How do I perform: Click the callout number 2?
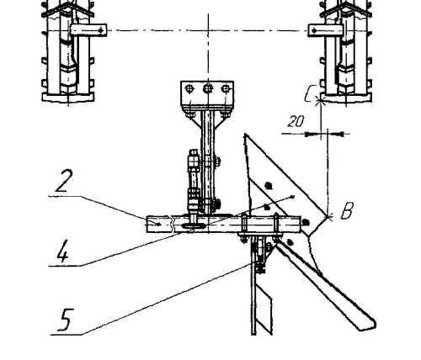point(64,180)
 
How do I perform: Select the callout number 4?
point(62,251)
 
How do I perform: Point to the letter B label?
point(347,210)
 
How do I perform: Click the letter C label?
point(311,93)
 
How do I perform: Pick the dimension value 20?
point(296,121)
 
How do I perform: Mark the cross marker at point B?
point(328,216)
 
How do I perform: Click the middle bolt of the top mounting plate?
point(208,89)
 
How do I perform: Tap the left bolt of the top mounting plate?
point(189,89)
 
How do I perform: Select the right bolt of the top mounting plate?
point(226,89)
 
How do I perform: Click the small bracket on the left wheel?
point(88,30)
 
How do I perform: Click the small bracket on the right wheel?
point(326,30)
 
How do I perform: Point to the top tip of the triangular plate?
point(246,134)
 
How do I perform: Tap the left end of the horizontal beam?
point(147,224)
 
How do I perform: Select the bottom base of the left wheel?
point(68,98)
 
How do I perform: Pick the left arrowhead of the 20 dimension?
point(309,134)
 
